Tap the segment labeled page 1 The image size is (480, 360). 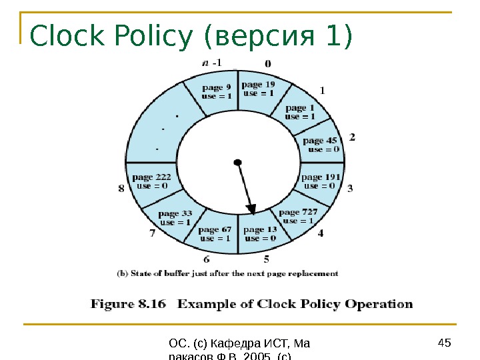tap(301, 111)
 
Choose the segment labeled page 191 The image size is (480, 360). tap(321, 181)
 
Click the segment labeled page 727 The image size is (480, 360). tap(298, 216)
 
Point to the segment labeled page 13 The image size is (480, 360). tap(261, 234)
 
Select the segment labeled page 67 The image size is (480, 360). tap(216, 234)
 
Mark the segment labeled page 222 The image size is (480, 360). tap(152, 181)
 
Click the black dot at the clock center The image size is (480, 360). tap(237, 162)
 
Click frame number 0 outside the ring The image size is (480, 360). tap(267, 64)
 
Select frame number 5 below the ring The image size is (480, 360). tap(267, 259)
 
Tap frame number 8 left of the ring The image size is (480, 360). tap(121, 189)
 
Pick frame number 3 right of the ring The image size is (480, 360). tap(350, 189)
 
